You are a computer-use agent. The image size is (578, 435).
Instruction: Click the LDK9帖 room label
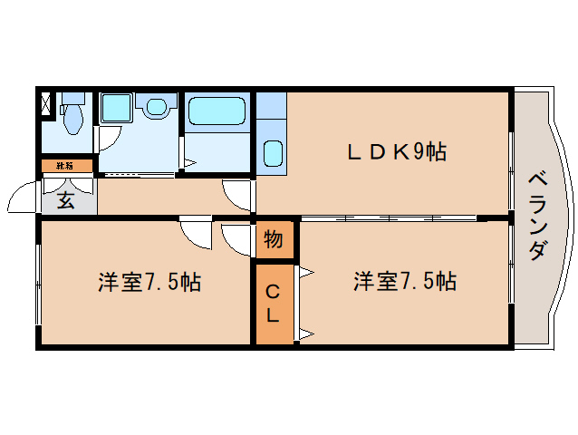[397, 152]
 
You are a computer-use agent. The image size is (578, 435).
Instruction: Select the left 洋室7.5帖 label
[149, 282]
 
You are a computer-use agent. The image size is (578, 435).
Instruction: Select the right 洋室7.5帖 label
[404, 282]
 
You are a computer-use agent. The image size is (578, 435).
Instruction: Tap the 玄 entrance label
[66, 201]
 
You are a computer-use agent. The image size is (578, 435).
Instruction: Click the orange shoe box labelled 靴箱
[66, 166]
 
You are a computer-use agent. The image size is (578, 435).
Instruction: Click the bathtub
[216, 111]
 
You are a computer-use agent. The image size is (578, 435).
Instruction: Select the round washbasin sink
[158, 109]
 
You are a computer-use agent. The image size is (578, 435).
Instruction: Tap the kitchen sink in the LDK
[273, 153]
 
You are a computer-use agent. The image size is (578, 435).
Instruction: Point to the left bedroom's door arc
[195, 232]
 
